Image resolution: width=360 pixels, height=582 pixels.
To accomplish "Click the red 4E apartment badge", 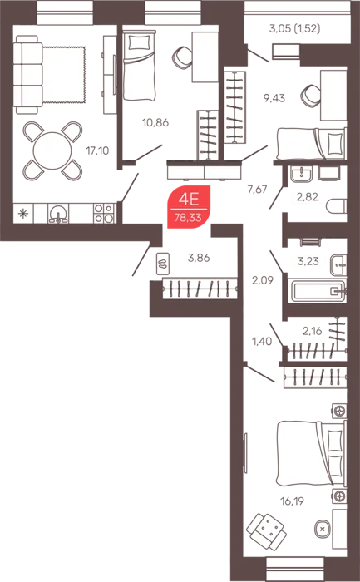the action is (189, 207).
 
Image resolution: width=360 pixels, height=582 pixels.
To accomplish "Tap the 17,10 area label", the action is (97, 150).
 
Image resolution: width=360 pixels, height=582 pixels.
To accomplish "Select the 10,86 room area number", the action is (155, 122).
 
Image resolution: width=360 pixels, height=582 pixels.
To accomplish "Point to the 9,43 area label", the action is (274, 98).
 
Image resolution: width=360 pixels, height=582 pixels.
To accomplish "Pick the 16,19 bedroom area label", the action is (292, 501).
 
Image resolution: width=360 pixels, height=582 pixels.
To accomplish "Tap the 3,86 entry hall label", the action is (199, 258).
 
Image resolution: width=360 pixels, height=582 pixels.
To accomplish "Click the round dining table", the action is (52, 150).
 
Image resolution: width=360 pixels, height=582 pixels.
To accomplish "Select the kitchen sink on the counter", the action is (58, 214).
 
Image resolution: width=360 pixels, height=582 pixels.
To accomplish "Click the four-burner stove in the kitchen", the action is (104, 214).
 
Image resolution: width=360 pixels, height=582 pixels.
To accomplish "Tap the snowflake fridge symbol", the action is (23, 214).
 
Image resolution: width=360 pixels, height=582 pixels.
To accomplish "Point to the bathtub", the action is (318, 291).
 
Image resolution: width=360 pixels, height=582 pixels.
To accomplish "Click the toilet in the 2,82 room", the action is (337, 206).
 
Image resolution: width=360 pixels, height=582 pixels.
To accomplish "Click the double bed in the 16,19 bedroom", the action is (312, 453).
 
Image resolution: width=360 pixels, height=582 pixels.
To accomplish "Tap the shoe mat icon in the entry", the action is (163, 264).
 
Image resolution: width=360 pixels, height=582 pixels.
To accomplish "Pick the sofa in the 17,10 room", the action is (27, 74).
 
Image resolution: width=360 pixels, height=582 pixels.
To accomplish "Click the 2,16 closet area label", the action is (312, 330).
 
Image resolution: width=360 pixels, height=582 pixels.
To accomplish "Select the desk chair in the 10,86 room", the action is (182, 57).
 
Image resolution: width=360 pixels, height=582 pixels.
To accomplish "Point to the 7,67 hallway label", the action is (258, 189).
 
